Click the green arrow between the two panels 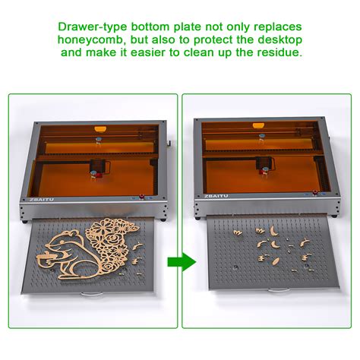pyautogui.click(x=182, y=262)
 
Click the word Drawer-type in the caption pyautogui.click(x=93, y=27)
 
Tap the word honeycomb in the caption pyautogui.click(x=90, y=39)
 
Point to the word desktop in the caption pyautogui.click(x=280, y=39)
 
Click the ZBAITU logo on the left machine pyautogui.click(x=42, y=200)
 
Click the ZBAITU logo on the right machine pyautogui.click(x=216, y=196)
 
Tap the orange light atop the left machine pyautogui.click(x=100, y=129)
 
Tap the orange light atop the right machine pyautogui.click(x=258, y=125)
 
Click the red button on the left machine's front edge pyautogui.click(x=141, y=197)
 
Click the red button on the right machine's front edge pyautogui.click(x=315, y=193)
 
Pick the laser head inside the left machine pyautogui.click(x=99, y=169)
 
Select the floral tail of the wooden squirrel pyautogui.click(x=111, y=245)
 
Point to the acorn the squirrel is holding pyautogui.click(x=46, y=259)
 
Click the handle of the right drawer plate pyautogui.click(x=279, y=290)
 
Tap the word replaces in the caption pyautogui.click(x=278, y=27)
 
